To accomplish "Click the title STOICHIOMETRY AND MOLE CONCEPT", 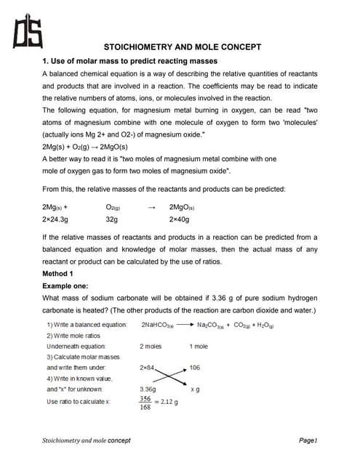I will click(x=183, y=47).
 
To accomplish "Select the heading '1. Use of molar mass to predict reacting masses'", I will click(x=129, y=61).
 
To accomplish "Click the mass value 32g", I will click(x=112, y=218).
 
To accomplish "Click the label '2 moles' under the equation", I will click(x=151, y=347).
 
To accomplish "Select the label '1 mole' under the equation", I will click(x=199, y=347).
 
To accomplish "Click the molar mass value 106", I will click(x=195, y=368).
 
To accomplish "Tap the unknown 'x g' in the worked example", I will click(x=194, y=390).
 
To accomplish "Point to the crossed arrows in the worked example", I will click(x=170, y=378).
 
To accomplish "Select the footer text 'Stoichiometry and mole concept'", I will click(x=86, y=440).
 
